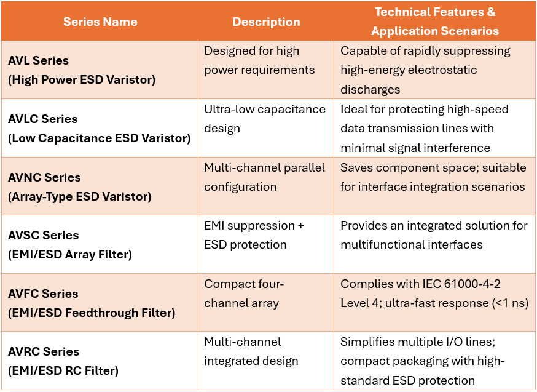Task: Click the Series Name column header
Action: pyautogui.click(x=100, y=22)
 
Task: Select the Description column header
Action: pyautogui.click(x=266, y=22)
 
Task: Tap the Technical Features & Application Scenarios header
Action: pyautogui.click(x=435, y=22)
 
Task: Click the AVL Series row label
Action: pyautogui.click(x=38, y=60)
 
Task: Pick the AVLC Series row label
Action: pyautogui.click(x=43, y=119)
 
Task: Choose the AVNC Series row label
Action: pyautogui.click(x=44, y=177)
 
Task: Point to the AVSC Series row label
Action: pyautogui.click(x=44, y=235)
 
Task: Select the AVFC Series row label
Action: pyautogui.click(x=43, y=294)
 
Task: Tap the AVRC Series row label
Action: pyautogui.click(x=44, y=351)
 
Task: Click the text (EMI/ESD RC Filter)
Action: pyautogui.click(x=63, y=370)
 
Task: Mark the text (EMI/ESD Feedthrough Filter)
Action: pyautogui.click(x=92, y=313)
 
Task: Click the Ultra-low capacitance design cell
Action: pyautogui.click(x=265, y=119)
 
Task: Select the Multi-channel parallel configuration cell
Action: pyautogui.click(x=264, y=177)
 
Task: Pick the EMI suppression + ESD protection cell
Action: pyautogui.click(x=254, y=235)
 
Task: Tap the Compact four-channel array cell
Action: pyautogui.click(x=244, y=293)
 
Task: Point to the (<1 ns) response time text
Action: pyautogui.click(x=511, y=303)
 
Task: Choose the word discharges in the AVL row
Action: pyautogui.click(x=370, y=89)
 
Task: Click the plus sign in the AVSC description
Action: pyautogui.click(x=300, y=226)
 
